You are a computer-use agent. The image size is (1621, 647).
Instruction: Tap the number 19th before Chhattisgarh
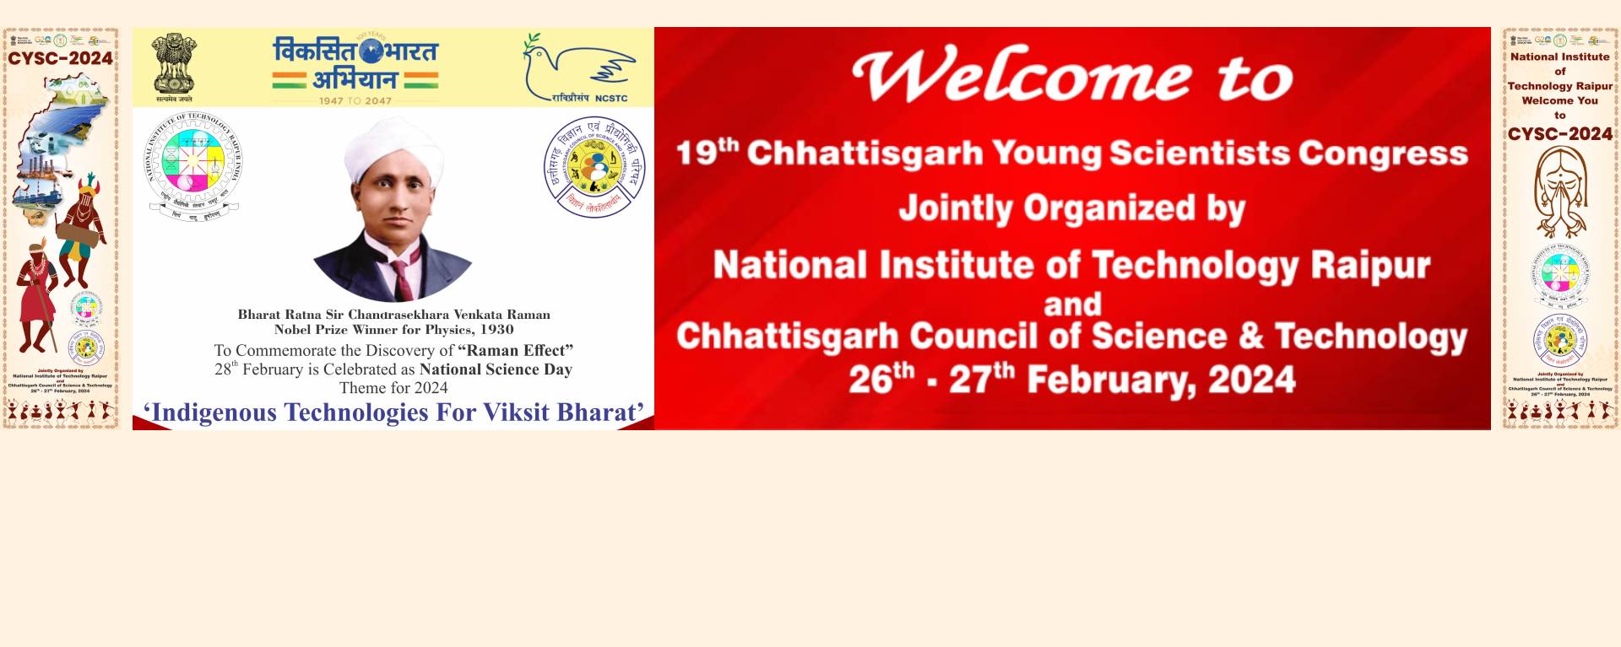[707, 153]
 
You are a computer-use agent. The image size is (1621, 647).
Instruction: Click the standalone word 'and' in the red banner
[1072, 305]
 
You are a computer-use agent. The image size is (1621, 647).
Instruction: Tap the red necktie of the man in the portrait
[401, 281]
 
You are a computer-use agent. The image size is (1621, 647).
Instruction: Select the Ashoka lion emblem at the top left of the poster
[174, 64]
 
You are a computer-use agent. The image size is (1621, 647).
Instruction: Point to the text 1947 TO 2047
[355, 100]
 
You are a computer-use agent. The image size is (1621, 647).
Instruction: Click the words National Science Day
[496, 369]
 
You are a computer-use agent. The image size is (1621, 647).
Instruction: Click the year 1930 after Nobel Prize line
[496, 330]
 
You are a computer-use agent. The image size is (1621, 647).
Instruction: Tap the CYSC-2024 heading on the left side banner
[60, 58]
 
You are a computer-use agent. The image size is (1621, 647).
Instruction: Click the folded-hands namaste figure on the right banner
[1559, 191]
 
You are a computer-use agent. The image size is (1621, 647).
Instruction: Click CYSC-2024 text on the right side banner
[1559, 134]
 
